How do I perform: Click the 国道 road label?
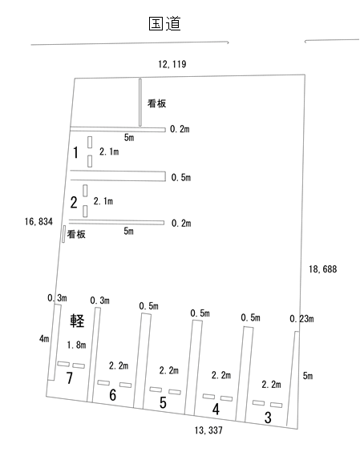tap(164, 23)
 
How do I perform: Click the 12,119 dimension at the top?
tap(172, 64)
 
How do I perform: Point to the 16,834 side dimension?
tap(38, 221)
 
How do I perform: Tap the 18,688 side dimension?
tap(323, 269)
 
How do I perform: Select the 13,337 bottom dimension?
tap(208, 430)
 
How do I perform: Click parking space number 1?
tap(75, 152)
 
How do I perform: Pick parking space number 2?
tap(74, 203)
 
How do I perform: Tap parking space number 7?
tap(70, 378)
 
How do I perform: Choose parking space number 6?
tap(112, 394)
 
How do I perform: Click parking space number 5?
tap(163, 402)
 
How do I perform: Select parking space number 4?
tap(216, 409)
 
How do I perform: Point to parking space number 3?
tap(268, 418)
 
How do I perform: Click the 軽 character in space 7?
tap(77, 321)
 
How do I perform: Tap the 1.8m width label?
tap(76, 345)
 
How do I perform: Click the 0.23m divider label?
tap(301, 319)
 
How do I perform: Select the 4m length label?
tap(44, 338)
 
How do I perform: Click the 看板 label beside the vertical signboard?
tap(156, 103)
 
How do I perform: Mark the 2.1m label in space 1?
tap(109, 151)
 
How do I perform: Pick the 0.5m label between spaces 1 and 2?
tap(181, 177)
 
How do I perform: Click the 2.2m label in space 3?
tap(271, 384)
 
